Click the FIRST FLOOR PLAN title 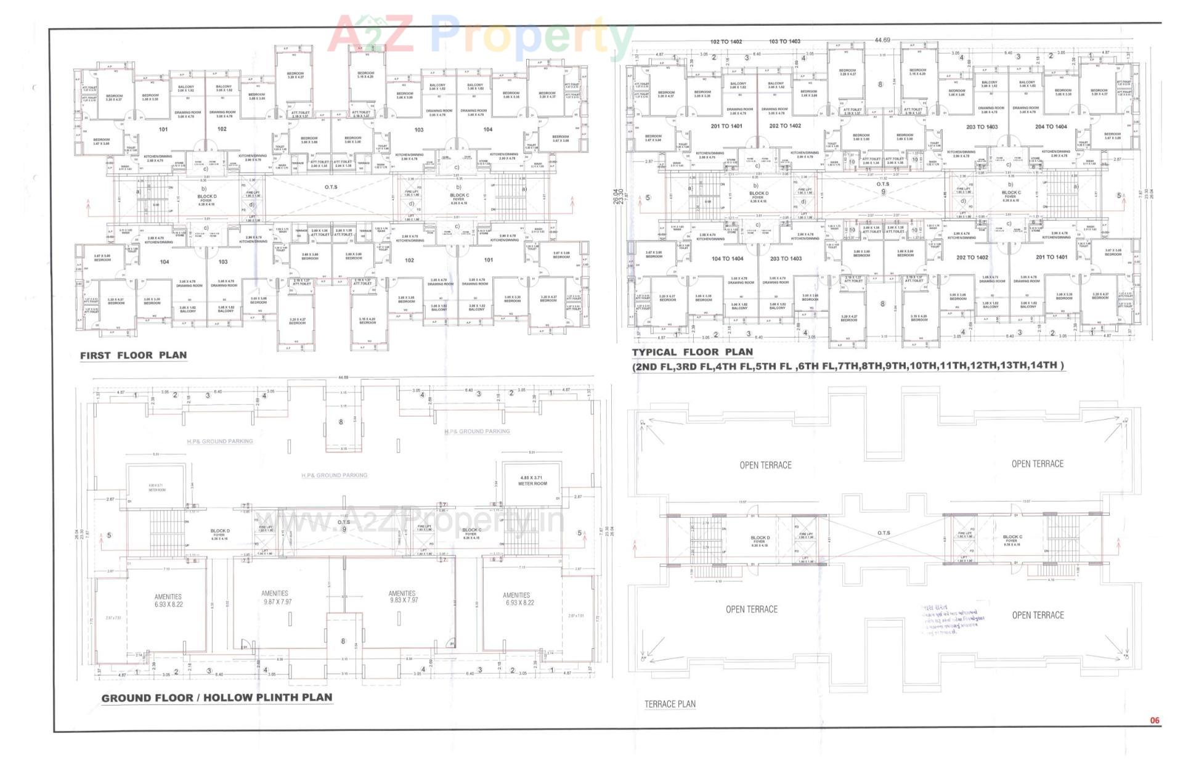pos(133,355)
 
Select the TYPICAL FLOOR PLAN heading pos(692,352)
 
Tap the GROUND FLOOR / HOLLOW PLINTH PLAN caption pos(216,698)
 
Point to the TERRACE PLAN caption pos(670,704)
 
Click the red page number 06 pos(1154,720)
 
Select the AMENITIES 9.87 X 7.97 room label pos(277,597)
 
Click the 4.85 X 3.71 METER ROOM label pos(532,480)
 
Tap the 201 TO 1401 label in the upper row pos(726,126)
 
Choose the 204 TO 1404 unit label pos(1051,126)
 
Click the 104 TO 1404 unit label pos(727,258)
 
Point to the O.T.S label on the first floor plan pos(331,187)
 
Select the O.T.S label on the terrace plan pos(884,533)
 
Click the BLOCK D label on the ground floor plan pos(219,531)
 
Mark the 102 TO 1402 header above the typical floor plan pos(726,42)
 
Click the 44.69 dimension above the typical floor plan pos(882,40)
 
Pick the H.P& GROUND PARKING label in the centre pos(334,475)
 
